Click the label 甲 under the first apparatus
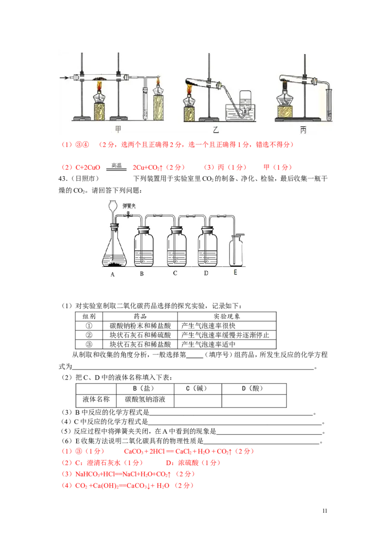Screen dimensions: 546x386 pyautogui.click(x=118, y=129)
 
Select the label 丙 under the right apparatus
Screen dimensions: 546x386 pyautogui.click(x=303, y=129)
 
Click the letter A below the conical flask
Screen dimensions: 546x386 pyautogui.click(x=112, y=274)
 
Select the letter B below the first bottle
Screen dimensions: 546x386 pyautogui.click(x=142, y=274)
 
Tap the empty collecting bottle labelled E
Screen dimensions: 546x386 pyautogui.click(x=236, y=251)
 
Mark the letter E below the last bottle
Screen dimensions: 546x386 pyautogui.click(x=235, y=273)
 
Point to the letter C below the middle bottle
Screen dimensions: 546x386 pyautogui.click(x=175, y=273)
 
